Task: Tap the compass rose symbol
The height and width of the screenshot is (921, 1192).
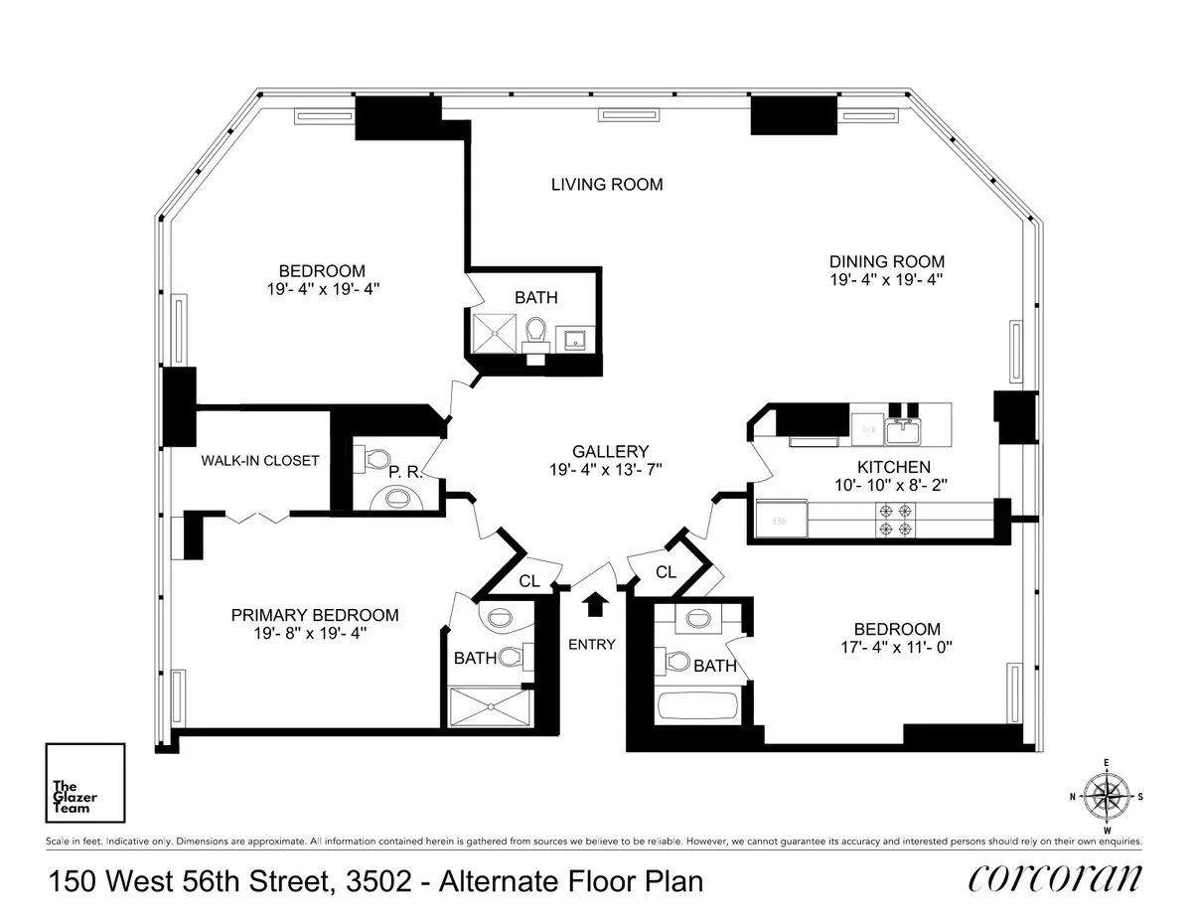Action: (x=1106, y=796)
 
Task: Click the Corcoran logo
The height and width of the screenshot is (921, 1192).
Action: (x=1054, y=879)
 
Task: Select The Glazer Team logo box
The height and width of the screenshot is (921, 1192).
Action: (x=84, y=783)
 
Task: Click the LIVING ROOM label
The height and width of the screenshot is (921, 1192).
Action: (x=606, y=185)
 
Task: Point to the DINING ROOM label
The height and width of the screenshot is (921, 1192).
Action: (x=887, y=261)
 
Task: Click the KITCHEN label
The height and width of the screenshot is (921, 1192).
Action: (x=893, y=467)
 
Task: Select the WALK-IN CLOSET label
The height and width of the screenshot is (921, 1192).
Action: (x=260, y=460)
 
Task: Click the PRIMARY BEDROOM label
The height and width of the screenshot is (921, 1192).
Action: (x=315, y=615)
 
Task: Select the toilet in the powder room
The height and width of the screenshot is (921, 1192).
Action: (x=375, y=459)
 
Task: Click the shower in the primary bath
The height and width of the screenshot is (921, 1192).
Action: (x=491, y=707)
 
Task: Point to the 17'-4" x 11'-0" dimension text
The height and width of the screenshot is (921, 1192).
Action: (x=896, y=647)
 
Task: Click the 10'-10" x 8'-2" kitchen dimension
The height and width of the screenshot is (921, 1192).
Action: (x=893, y=485)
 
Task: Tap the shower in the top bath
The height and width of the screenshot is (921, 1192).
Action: (x=494, y=331)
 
